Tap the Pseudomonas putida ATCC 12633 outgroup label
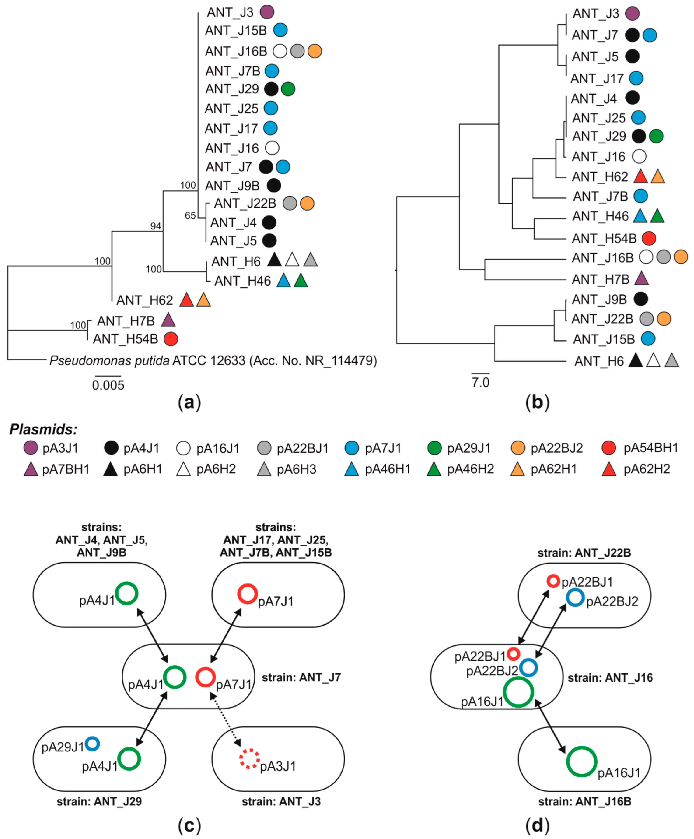(213, 361)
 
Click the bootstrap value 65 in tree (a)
(190, 216)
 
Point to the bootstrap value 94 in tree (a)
(156, 226)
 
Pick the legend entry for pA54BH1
(650, 448)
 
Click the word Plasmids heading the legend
(43, 430)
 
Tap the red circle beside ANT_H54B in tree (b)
(649, 238)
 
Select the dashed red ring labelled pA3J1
(249, 758)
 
